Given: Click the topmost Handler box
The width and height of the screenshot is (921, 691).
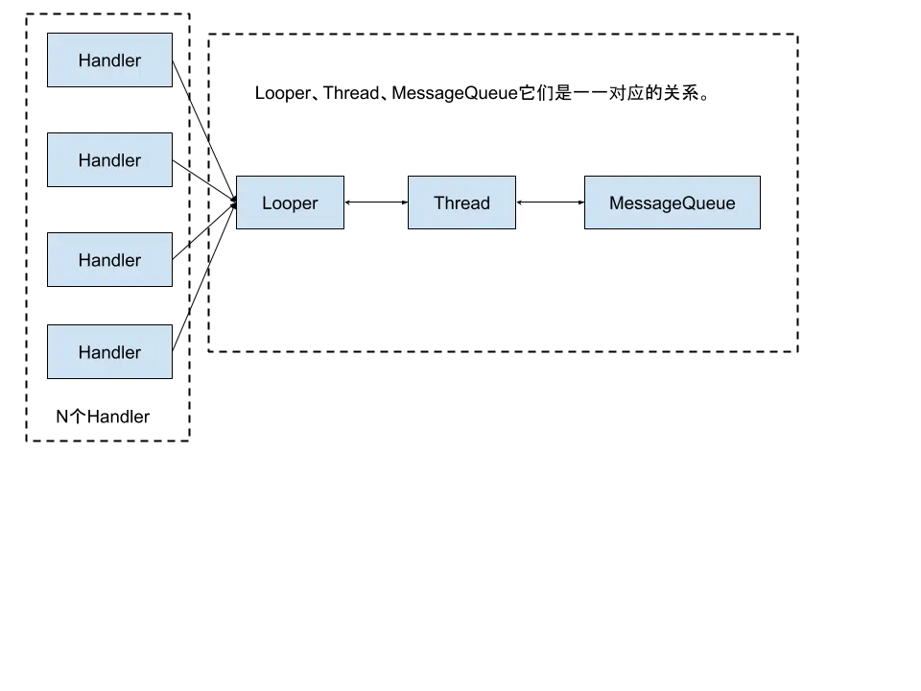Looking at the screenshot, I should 110,60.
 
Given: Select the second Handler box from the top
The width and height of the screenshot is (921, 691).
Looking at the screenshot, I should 110,160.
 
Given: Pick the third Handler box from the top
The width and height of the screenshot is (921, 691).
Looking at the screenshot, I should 110,260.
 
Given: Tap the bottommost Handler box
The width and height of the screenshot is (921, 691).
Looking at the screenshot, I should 110,352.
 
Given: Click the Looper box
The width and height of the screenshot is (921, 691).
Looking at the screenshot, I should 290,203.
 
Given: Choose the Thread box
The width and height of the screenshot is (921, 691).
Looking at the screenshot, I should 461,203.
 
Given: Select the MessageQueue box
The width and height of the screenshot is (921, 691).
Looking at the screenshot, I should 672,203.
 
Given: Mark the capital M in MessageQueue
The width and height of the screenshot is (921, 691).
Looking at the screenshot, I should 616,203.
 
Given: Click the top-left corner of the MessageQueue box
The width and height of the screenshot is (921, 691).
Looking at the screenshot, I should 584,178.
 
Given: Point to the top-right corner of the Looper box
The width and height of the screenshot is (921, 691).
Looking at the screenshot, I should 343,178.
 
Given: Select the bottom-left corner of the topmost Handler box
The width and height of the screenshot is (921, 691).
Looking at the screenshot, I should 48,88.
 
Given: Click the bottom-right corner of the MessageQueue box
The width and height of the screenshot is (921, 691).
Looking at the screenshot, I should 759,228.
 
